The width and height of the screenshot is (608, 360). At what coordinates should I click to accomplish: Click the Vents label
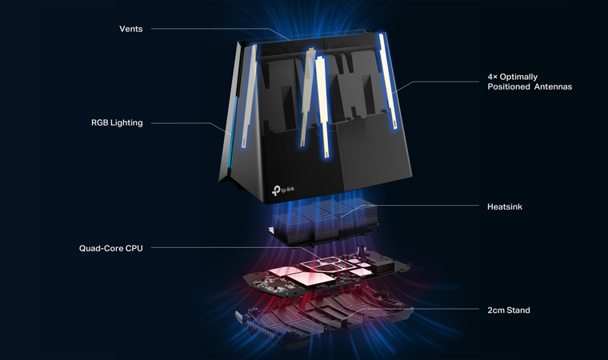pos(130,29)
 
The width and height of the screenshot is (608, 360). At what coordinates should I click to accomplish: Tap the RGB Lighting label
pos(117,122)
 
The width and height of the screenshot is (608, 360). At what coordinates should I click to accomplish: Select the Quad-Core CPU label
pos(111,248)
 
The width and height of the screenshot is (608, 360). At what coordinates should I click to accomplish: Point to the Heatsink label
pos(505,206)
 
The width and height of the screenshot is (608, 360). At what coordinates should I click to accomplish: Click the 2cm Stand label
pos(508,310)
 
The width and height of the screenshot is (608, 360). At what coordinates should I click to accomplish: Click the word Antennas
pos(553,86)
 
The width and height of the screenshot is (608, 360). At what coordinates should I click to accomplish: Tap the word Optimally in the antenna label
pos(518,77)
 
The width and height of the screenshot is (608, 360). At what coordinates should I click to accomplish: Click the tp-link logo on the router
pos(283,190)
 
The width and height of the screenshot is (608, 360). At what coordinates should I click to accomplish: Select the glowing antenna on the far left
pos(249,96)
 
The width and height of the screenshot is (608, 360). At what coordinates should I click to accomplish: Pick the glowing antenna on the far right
pos(388,82)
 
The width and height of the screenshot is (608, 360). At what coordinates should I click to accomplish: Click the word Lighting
pos(126,122)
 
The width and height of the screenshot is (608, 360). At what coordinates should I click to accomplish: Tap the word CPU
pos(134,248)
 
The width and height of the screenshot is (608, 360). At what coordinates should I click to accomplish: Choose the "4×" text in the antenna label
pos(493,77)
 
